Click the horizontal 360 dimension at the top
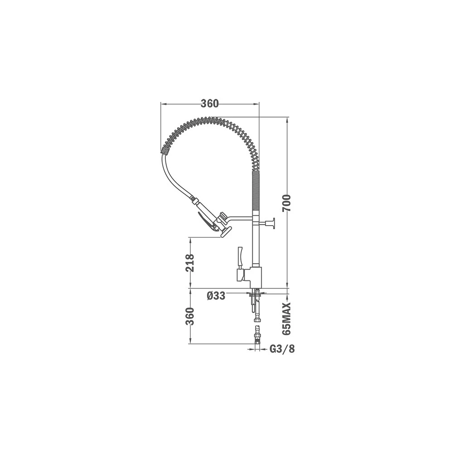(x=210, y=103)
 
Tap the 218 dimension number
(x=190, y=263)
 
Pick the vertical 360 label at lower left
(x=190, y=316)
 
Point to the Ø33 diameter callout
(x=216, y=295)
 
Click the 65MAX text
(x=286, y=319)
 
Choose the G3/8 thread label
(x=282, y=349)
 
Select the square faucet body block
(x=253, y=275)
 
